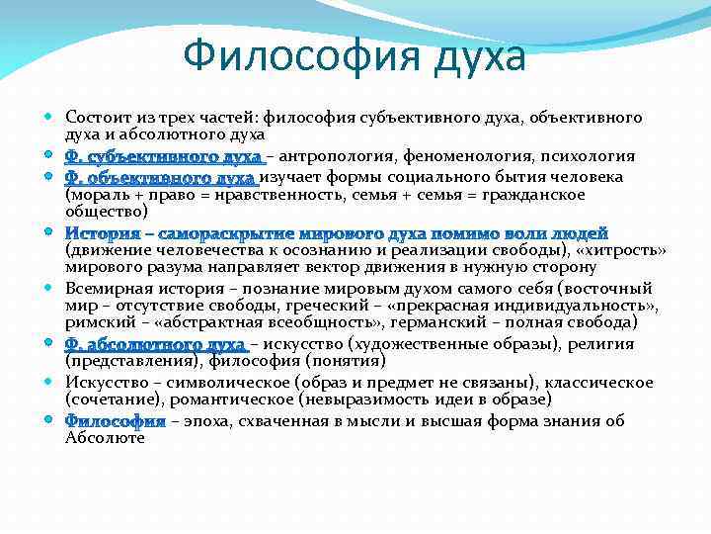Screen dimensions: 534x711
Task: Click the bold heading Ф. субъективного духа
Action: (x=163, y=157)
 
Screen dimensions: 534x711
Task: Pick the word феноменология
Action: (x=465, y=157)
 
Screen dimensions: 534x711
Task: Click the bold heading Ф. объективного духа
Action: (x=160, y=178)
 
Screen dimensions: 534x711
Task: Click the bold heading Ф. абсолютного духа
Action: (x=155, y=344)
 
